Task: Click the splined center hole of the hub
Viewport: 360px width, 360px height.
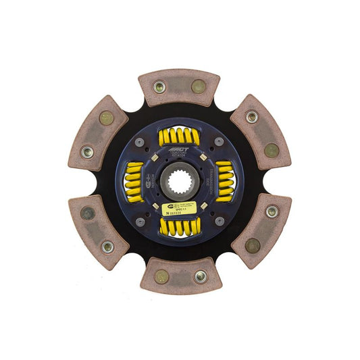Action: click(x=180, y=182)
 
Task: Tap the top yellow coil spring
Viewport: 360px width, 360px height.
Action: click(x=179, y=136)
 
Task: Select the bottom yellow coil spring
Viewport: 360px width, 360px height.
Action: click(x=180, y=227)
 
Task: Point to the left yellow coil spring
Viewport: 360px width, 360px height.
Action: click(x=135, y=182)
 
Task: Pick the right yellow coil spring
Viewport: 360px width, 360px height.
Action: click(x=224, y=182)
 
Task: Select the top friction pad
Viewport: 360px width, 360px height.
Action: click(x=180, y=86)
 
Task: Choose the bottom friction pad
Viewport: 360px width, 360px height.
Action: click(x=180, y=276)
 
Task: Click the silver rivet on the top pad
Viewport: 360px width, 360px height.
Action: click(x=160, y=86)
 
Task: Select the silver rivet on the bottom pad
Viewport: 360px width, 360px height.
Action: click(x=200, y=276)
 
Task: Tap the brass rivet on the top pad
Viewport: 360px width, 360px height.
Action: click(x=199, y=86)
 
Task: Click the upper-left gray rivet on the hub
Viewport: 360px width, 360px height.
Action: click(x=138, y=142)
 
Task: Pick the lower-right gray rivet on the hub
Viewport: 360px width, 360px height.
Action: click(x=220, y=221)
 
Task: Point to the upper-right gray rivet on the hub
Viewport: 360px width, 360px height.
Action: click(x=220, y=142)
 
